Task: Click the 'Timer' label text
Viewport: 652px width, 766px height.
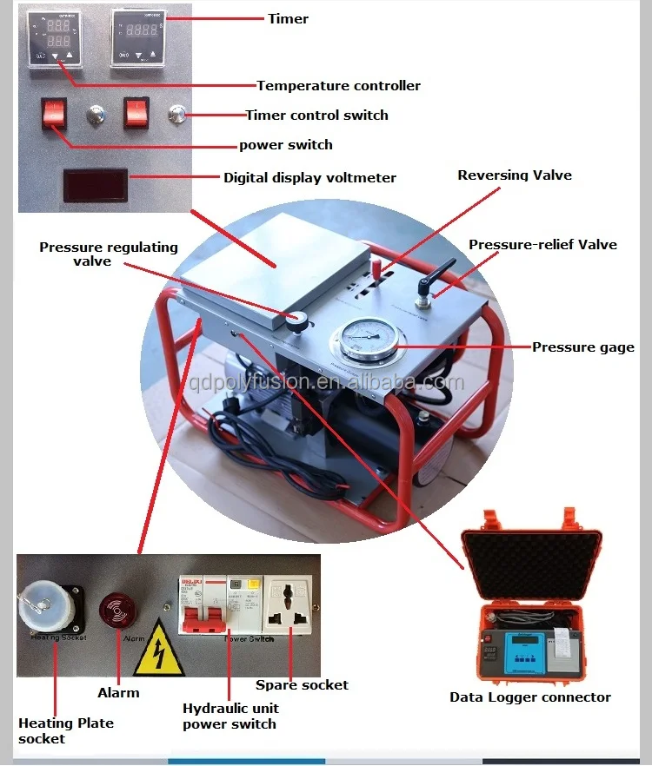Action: tap(288, 18)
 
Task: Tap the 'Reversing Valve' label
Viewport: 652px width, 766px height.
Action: tap(515, 175)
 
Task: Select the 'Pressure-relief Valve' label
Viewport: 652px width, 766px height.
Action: tap(542, 245)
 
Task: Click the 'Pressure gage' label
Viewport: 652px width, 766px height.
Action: tap(583, 347)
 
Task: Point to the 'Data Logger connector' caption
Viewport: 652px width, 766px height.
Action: tap(529, 697)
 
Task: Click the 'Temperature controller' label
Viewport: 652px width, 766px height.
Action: tap(338, 85)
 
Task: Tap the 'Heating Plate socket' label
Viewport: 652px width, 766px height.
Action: tap(66, 730)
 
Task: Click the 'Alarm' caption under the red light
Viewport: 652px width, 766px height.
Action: tap(118, 692)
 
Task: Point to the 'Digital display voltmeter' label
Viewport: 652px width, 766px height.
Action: tap(309, 178)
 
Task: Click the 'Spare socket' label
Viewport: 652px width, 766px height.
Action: tap(302, 685)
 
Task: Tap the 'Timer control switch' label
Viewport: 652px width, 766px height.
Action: tap(316, 115)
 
